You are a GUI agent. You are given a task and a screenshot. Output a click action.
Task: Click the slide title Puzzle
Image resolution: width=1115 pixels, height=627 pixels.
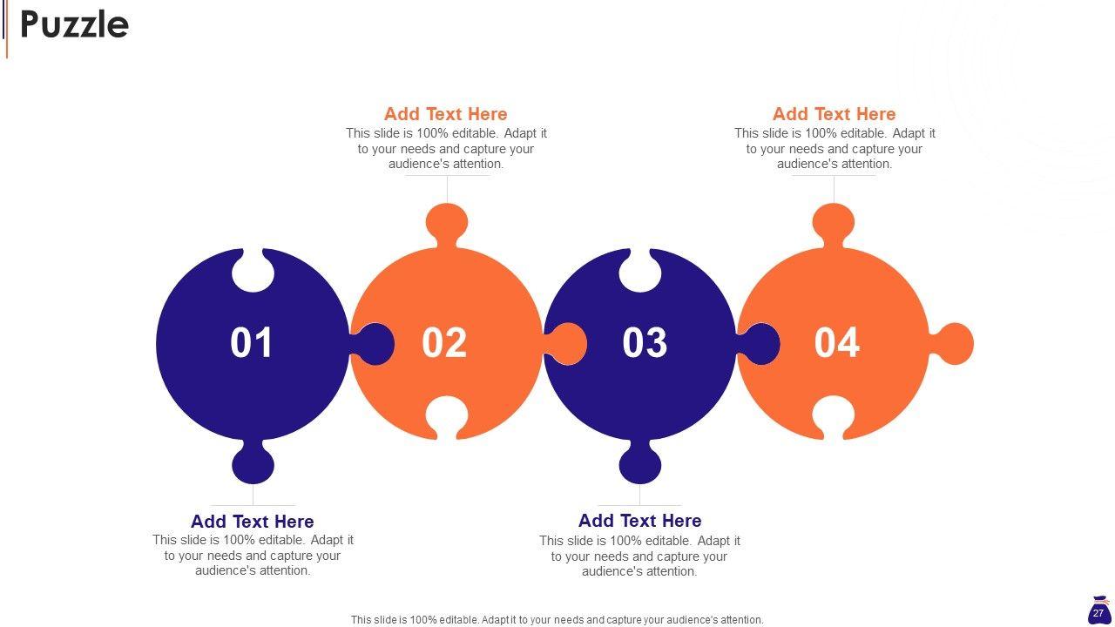[74, 25]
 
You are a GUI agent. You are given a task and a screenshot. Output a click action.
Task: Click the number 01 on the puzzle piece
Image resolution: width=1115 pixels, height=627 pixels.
[252, 342]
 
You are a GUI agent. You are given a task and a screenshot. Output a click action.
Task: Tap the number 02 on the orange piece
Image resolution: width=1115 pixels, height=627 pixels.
[444, 342]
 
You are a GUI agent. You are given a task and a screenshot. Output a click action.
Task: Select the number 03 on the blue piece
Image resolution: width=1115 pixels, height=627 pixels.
[645, 342]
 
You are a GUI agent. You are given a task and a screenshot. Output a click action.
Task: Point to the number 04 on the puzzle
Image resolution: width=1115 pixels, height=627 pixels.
[837, 342]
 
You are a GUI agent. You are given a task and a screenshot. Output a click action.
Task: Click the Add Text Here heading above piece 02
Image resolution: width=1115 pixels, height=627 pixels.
[445, 114]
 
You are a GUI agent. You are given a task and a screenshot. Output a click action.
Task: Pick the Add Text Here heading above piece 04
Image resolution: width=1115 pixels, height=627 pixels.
[835, 114]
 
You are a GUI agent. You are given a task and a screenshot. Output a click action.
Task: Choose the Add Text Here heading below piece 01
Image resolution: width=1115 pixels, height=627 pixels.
[253, 522]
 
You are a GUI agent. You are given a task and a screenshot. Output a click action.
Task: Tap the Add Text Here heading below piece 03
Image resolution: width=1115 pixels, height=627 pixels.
[639, 521]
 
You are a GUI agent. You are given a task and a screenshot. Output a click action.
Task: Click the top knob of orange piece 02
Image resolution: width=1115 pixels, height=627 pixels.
[447, 223]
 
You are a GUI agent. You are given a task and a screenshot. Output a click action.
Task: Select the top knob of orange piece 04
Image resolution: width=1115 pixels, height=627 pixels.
[834, 223]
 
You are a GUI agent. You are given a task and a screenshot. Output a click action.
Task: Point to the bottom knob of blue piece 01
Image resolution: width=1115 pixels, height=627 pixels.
[253, 464]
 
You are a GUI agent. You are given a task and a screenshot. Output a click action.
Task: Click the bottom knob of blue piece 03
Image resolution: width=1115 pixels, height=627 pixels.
[640, 464]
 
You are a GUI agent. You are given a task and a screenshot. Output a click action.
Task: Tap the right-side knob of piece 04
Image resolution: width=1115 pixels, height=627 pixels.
[953, 344]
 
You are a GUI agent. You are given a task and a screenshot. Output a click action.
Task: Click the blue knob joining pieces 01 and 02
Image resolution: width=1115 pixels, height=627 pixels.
[374, 344]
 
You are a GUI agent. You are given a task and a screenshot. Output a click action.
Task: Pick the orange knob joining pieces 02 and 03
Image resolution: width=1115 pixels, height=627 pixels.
[566, 344]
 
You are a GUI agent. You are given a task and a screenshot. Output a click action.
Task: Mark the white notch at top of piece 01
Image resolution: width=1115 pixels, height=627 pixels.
[253, 271]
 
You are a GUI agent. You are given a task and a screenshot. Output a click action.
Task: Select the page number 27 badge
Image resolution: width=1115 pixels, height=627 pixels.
[1098, 611]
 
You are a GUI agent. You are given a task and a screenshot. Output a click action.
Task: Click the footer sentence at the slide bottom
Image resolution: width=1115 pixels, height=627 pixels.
[557, 620]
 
